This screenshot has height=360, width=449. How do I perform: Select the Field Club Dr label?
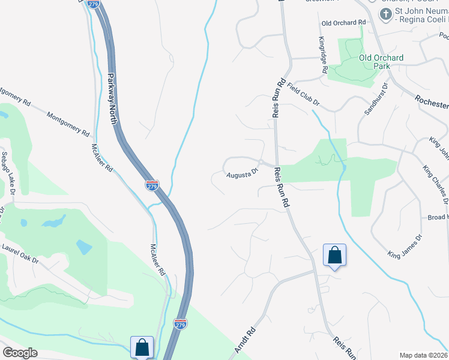pos(303,96)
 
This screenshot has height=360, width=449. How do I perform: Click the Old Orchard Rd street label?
pos(343,23)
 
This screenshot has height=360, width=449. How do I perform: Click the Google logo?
pos(20,353)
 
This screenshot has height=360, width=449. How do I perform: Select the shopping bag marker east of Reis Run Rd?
pos(334,254)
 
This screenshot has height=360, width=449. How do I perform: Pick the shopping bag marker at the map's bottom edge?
pos(142,347)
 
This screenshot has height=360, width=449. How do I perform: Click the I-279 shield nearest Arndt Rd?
pos(180,324)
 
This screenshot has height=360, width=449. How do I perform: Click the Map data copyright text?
pos(424,355)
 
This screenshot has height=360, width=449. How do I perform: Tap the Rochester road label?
pos(432,101)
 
